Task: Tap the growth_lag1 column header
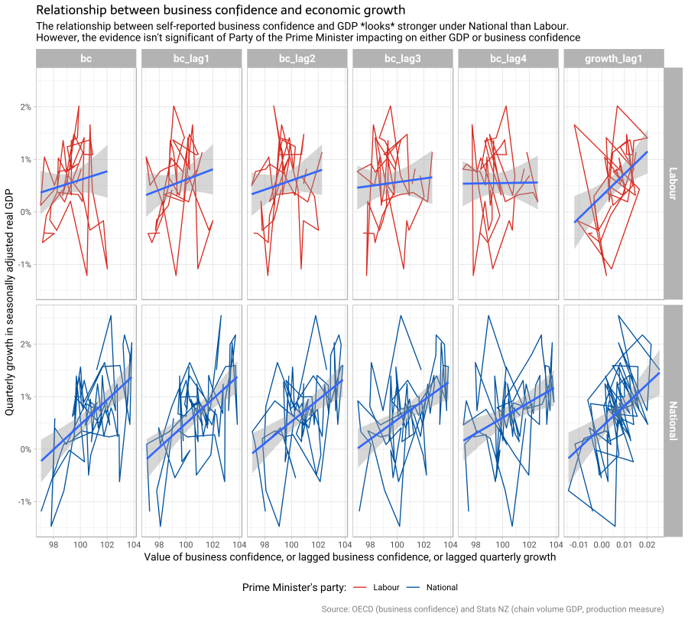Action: pos(613,58)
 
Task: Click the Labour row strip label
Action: pos(673,184)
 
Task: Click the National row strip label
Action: pos(673,421)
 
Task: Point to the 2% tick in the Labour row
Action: pos(25,107)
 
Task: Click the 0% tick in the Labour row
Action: pos(25,212)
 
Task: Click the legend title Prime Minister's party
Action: pos(294,588)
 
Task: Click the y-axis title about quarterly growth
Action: pos(10,302)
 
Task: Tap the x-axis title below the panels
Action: pos(349,557)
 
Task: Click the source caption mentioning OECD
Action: pos(502,609)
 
